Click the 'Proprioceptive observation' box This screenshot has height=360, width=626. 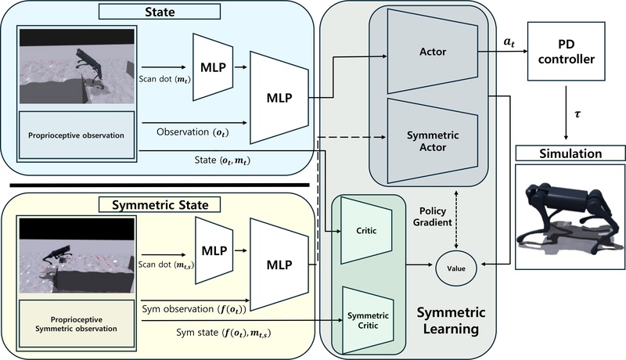point(77,135)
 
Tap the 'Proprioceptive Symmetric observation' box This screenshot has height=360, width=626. point(77,326)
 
